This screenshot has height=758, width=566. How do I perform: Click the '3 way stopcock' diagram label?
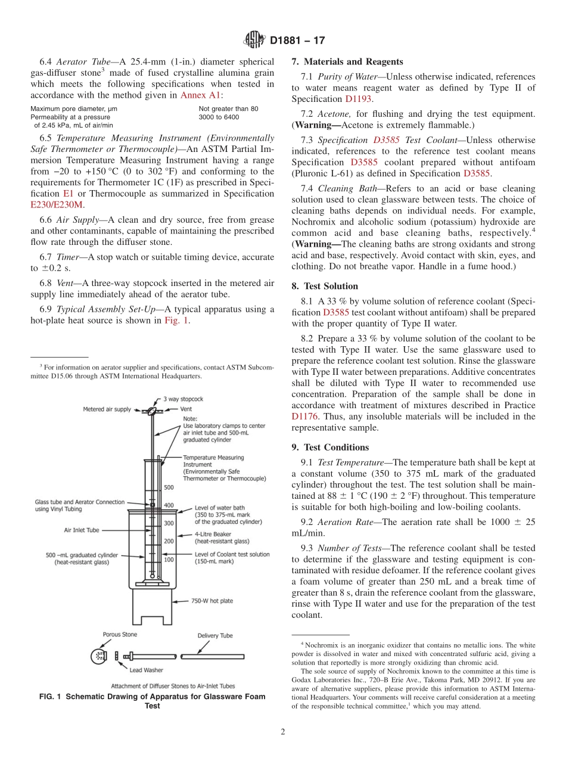point(184,399)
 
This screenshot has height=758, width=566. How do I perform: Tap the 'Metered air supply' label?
point(107,409)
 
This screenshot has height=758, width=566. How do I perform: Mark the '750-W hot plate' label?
point(212,601)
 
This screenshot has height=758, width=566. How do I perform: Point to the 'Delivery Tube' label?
point(215,636)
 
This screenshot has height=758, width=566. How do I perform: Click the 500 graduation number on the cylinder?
point(169,487)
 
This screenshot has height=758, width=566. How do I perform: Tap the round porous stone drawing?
point(99,656)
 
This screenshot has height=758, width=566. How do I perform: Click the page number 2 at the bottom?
point(283,732)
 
